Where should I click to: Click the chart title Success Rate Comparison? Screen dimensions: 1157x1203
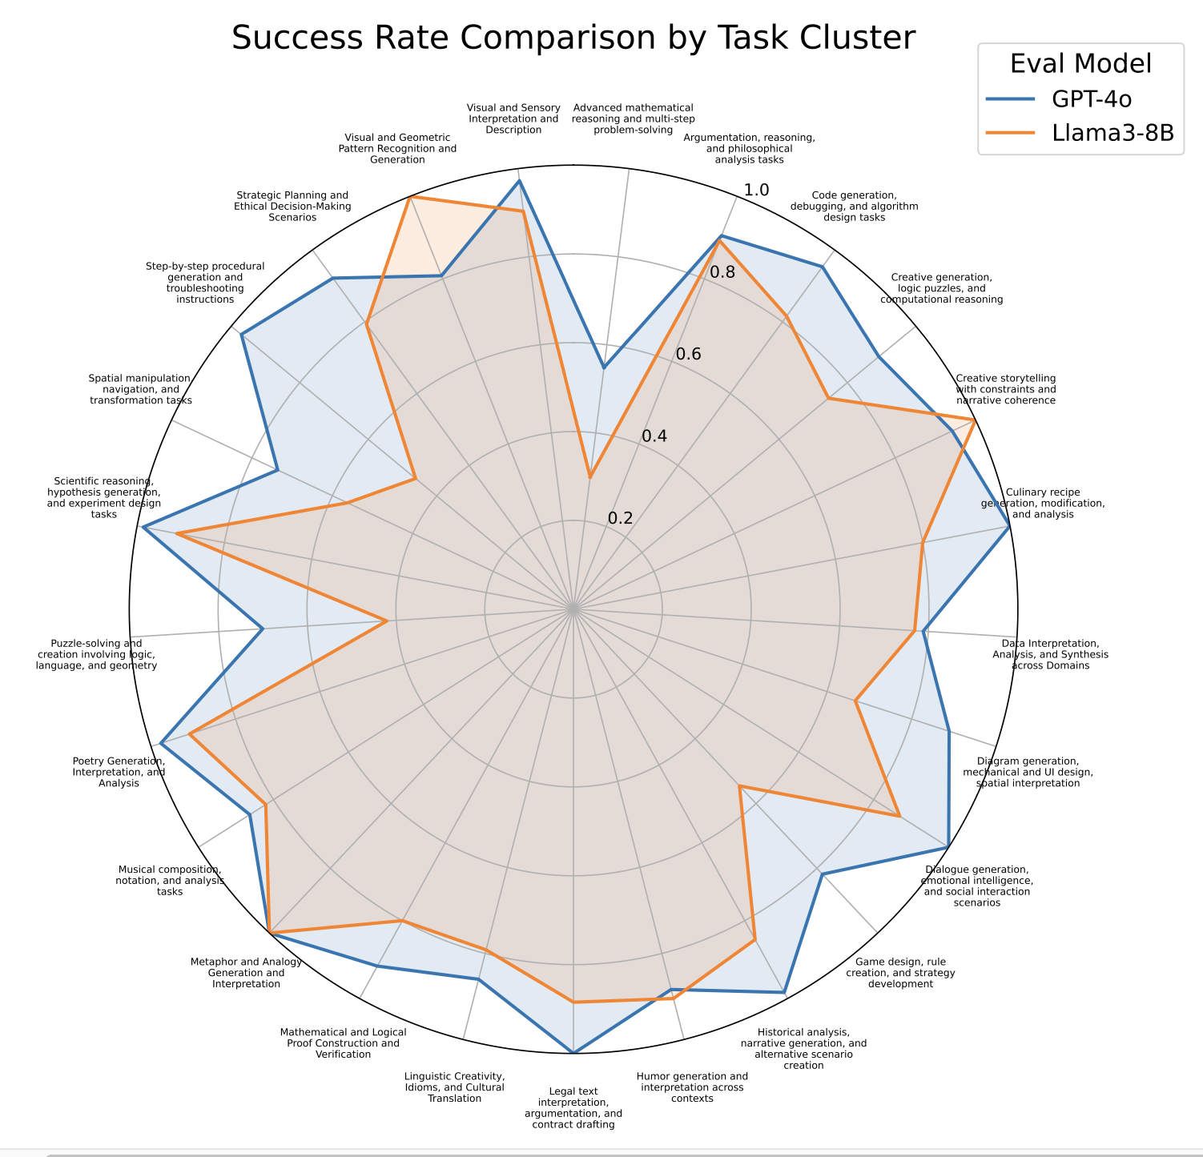click(573, 38)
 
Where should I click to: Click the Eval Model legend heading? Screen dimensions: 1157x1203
click(1080, 63)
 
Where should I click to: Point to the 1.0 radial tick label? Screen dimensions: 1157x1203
click(756, 190)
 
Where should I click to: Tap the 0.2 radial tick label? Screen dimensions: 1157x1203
click(620, 518)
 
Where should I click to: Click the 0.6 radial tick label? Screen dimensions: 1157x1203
click(688, 354)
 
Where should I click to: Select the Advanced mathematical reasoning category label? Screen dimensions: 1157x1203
click(633, 119)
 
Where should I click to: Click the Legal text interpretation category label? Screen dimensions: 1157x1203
click(573, 1107)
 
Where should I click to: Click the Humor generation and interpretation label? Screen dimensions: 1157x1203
click(692, 1087)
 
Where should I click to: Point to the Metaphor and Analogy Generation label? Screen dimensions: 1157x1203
click(247, 973)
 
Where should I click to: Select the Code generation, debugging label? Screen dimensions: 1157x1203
click(854, 206)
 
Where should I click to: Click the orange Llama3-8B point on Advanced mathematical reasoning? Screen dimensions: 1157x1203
click(589, 477)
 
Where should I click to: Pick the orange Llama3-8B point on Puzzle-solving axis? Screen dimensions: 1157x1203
click(387, 621)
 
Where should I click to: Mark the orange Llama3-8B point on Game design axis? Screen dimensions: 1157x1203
click(740, 787)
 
